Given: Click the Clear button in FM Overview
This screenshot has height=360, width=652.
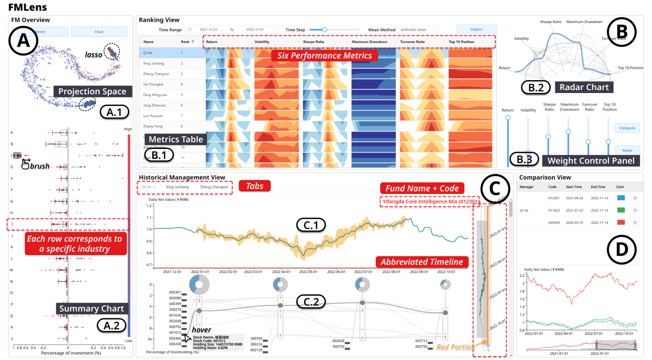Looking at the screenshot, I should point(99,32).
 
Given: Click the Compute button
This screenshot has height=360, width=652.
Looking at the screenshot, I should point(627,128).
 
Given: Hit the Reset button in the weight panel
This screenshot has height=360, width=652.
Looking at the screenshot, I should point(627,150).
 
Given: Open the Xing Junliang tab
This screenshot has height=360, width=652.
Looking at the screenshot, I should point(177,187).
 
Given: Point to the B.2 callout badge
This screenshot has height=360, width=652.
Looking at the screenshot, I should point(533,87).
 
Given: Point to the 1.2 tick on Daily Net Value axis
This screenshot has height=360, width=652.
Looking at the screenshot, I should point(150,205).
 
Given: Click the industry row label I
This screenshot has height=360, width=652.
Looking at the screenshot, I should point(11,224).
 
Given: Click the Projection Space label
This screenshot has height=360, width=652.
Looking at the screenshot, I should point(92,91).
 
